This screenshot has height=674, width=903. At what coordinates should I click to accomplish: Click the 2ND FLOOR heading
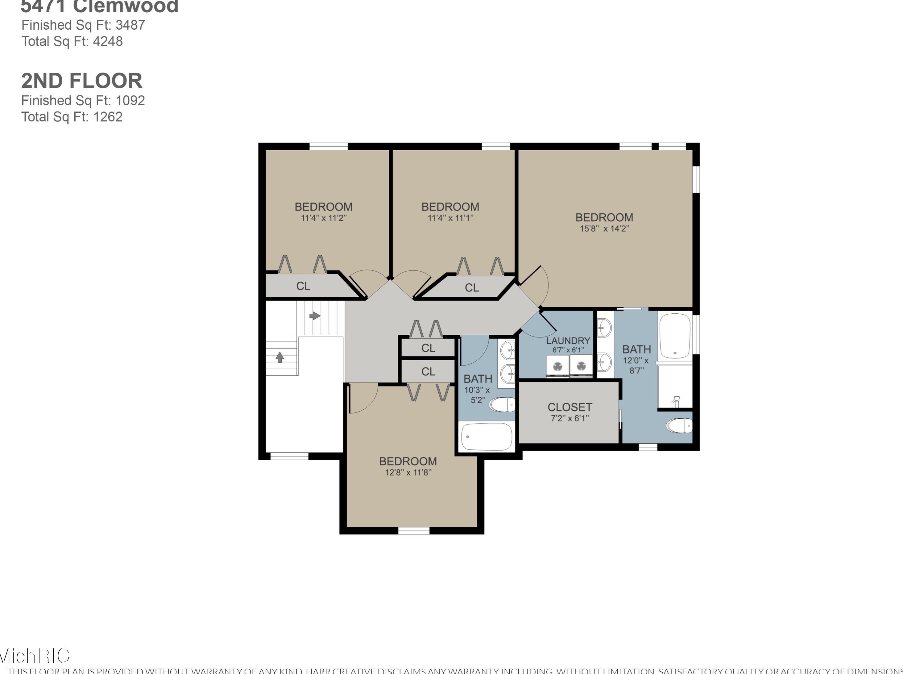(x=81, y=81)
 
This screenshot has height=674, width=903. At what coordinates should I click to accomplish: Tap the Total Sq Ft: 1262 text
(x=72, y=117)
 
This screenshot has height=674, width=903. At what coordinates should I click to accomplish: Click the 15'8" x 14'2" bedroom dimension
(x=604, y=229)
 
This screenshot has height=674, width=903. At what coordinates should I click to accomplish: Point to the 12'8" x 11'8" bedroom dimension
(x=408, y=472)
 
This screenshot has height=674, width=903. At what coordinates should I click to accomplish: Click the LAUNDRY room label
(x=568, y=341)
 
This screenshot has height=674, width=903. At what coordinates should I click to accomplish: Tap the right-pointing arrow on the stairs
(x=315, y=315)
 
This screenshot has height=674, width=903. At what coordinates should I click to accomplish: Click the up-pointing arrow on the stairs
(x=280, y=358)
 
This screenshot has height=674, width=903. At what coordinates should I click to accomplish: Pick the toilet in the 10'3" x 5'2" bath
(x=502, y=405)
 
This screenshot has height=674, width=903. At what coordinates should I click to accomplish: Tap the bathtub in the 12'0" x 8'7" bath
(x=675, y=335)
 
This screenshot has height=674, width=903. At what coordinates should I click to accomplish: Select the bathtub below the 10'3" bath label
(x=486, y=437)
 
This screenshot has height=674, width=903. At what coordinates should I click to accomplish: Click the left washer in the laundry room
(x=557, y=366)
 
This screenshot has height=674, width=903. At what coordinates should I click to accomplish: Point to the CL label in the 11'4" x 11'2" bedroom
(x=303, y=286)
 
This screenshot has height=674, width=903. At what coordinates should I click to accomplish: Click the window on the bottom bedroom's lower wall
(x=413, y=531)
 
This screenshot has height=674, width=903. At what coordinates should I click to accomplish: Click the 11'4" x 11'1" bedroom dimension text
(x=450, y=218)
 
